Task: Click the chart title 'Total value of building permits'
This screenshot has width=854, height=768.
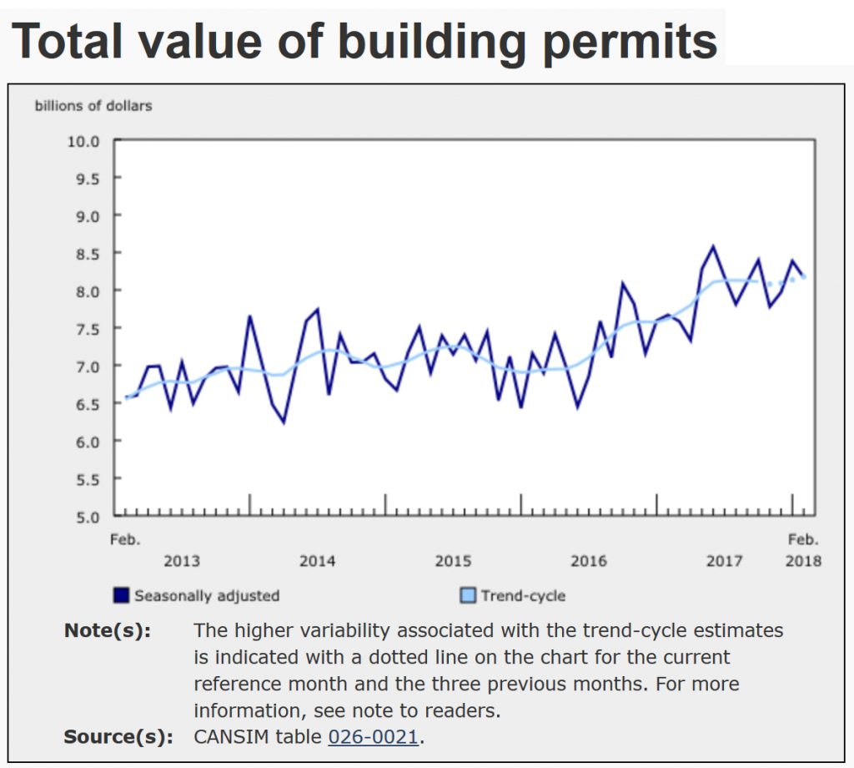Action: click(364, 38)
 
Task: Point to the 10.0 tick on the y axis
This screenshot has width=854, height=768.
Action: click(83, 140)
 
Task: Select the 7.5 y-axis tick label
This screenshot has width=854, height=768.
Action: click(83, 328)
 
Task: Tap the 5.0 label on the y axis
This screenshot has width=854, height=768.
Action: click(83, 516)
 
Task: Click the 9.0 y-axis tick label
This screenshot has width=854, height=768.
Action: click(83, 215)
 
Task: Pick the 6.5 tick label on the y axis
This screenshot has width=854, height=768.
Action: click(83, 403)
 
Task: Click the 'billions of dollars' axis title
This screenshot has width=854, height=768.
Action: click(93, 106)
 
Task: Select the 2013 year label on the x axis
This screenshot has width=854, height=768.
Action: click(182, 561)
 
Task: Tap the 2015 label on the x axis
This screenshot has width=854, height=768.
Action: click(453, 561)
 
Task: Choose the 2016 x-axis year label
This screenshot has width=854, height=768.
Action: click(589, 561)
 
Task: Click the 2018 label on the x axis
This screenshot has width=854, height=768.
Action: click(802, 561)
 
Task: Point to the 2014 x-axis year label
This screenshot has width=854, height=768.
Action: click(318, 561)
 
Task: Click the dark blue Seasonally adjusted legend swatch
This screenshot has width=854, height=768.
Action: click(122, 595)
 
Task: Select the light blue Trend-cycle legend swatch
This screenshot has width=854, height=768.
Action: click(468, 595)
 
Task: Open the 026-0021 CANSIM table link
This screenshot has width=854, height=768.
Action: click(373, 737)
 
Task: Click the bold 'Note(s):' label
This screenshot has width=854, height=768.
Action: click(108, 630)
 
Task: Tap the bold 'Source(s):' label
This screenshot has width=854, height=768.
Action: click(118, 737)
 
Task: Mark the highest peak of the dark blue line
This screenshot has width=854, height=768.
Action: click(713, 246)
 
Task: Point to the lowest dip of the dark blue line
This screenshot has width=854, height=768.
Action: click(284, 422)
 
